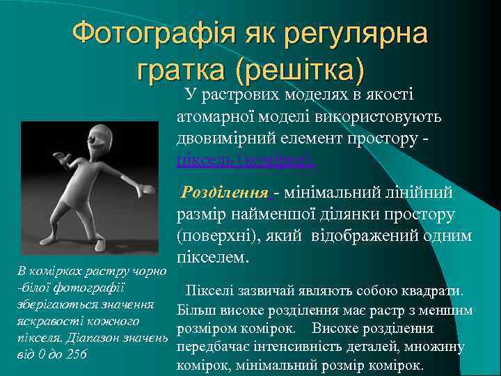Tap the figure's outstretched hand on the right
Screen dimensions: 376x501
[x=146, y=188]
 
